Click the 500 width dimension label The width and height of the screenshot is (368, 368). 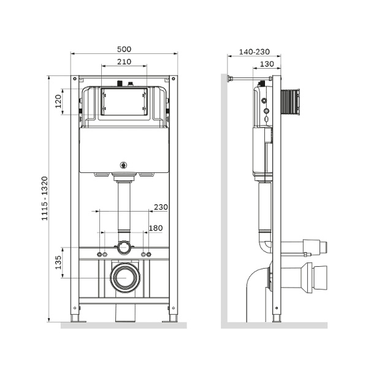pyautogui.click(x=124, y=49)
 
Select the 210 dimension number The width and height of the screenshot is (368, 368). pyautogui.click(x=124, y=61)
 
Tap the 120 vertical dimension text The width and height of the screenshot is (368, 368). pyautogui.click(x=59, y=101)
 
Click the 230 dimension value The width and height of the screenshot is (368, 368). pyautogui.click(x=160, y=207)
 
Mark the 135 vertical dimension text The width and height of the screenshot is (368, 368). pyautogui.click(x=59, y=262)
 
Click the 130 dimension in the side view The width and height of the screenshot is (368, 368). pyautogui.click(x=266, y=64)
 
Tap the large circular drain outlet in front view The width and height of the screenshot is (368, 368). pyautogui.click(x=125, y=277)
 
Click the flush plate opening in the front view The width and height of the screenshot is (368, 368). pyautogui.click(x=124, y=102)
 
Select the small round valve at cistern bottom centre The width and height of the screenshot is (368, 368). pyautogui.click(x=124, y=164)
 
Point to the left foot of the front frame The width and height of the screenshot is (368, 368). pyautogui.click(x=75, y=318)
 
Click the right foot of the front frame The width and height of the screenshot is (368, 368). pyautogui.click(x=173, y=318)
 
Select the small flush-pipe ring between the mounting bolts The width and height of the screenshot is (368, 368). pyautogui.click(x=125, y=248)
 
